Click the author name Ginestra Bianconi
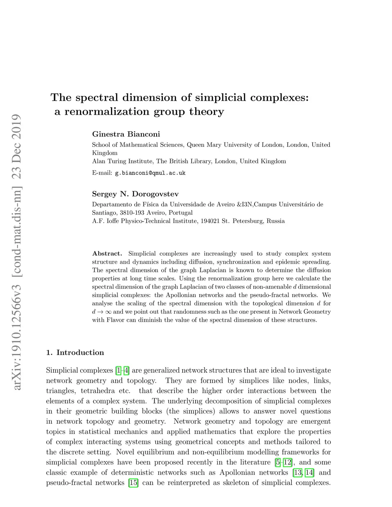tap(126, 134)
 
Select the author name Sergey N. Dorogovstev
tap(135, 194)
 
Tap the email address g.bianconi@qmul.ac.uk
tap(150, 173)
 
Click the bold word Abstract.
tap(107, 254)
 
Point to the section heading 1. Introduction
tap(75, 353)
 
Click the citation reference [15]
tap(133, 483)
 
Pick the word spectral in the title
tap(97, 98)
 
